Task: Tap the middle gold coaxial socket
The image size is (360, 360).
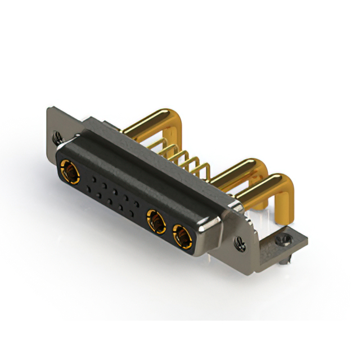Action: pyautogui.click(x=155, y=220)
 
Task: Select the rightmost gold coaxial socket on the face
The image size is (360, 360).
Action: pyautogui.click(x=183, y=236)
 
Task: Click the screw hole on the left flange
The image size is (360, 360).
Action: pyautogui.click(x=56, y=136)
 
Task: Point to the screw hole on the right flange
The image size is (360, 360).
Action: pyautogui.click(x=241, y=243)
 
